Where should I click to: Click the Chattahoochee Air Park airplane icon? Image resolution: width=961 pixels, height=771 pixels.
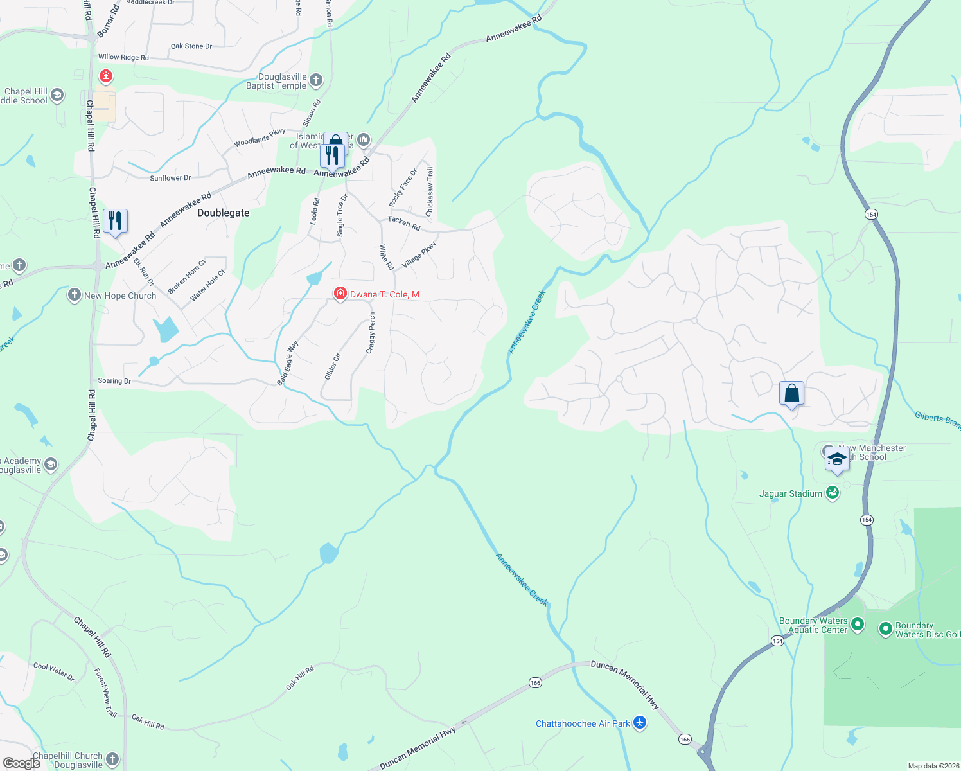tap(639, 723)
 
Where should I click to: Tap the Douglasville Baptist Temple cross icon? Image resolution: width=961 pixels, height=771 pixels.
tap(315, 80)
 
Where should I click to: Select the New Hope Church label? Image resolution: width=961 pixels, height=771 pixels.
tap(120, 296)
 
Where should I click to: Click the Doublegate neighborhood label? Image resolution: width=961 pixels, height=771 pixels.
tap(223, 213)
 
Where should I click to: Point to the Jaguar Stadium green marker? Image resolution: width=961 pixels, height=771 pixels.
tap(833, 493)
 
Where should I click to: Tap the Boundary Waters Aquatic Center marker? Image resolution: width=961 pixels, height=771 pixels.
tap(858, 625)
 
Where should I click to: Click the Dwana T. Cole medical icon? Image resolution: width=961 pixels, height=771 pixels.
tap(340, 294)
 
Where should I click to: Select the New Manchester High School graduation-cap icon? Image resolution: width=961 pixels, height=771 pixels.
tap(836, 459)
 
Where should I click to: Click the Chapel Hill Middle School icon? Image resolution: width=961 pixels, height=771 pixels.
tap(57, 96)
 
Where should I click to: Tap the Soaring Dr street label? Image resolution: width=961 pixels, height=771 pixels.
tap(114, 381)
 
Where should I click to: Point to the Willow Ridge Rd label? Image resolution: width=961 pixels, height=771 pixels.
tap(123, 57)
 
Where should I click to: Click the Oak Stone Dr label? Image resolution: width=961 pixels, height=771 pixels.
tap(191, 46)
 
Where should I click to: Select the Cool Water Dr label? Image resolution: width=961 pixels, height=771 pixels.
tap(54, 671)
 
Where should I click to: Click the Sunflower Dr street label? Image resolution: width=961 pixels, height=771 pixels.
tap(170, 178)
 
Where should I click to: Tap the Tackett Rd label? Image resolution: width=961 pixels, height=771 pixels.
tap(404, 223)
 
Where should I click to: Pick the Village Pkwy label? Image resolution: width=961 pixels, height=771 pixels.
tap(419, 255)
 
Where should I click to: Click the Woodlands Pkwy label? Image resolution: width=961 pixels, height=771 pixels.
tap(260, 137)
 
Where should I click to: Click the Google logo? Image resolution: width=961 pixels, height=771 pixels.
tap(22, 763)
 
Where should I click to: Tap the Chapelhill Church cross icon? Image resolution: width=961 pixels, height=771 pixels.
tap(112, 760)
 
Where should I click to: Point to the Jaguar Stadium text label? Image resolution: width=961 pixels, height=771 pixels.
tap(791, 493)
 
